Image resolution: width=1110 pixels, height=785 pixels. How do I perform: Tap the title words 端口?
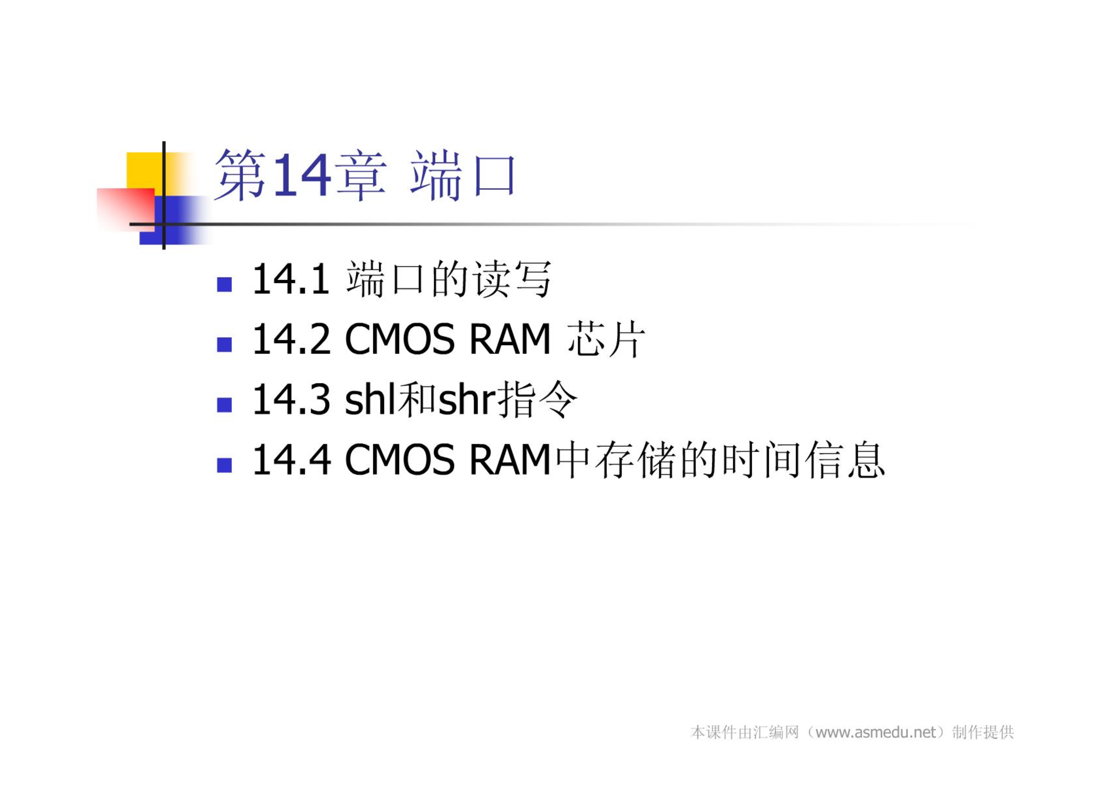[x=462, y=175]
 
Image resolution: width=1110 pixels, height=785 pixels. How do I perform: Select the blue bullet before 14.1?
[x=224, y=284]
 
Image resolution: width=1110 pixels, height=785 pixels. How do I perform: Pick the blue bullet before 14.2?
[x=224, y=344]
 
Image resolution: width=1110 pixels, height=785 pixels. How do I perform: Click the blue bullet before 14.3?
[x=224, y=404]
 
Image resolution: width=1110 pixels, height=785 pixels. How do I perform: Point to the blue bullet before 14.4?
[x=224, y=465]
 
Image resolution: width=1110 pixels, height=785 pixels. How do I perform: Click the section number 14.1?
[x=291, y=279]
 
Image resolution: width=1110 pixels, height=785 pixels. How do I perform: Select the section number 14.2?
[x=291, y=339]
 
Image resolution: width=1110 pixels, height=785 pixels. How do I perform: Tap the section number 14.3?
[x=291, y=399]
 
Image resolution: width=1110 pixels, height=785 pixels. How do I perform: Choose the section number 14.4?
[x=291, y=460]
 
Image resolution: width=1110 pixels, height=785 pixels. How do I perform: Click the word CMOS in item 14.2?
[x=399, y=339]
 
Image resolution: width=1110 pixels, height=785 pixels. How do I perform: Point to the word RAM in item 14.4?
[x=510, y=460]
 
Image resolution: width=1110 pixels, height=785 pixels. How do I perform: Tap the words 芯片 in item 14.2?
[x=606, y=339]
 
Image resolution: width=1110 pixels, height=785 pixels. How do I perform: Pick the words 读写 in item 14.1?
[x=512, y=279]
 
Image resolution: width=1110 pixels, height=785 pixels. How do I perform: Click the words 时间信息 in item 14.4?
[x=803, y=460]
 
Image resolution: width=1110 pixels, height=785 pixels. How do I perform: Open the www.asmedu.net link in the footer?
[x=875, y=733]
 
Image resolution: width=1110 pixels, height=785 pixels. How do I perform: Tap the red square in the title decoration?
[x=125, y=209]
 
